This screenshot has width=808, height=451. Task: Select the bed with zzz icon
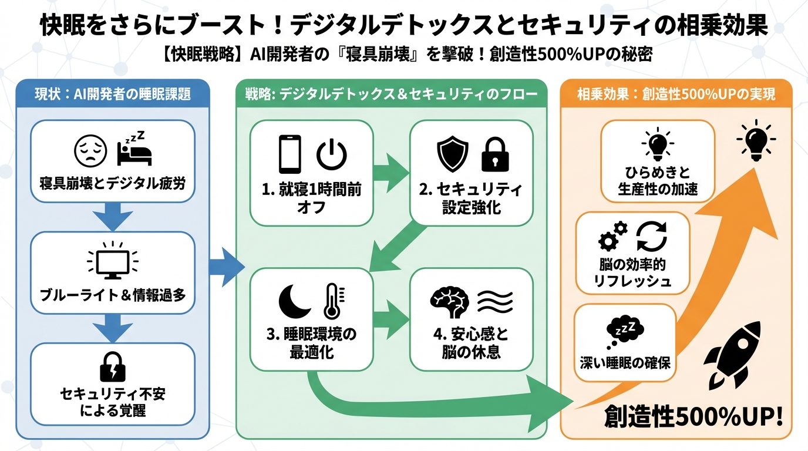tap(134, 150)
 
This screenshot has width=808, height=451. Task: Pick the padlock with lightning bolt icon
tap(112, 366)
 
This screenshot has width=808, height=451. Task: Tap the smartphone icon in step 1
tap(290, 154)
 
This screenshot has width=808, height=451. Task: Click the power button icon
tap(332, 154)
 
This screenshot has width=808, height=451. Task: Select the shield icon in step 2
tap(453, 153)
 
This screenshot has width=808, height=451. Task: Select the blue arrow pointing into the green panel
tap(226, 268)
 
